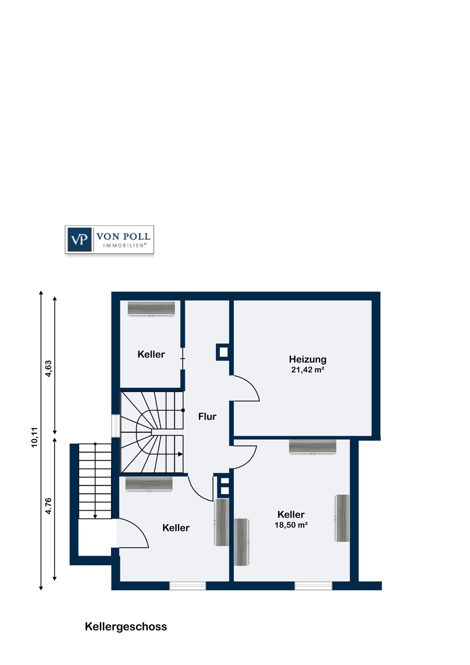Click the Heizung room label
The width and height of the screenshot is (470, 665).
coord(308,360)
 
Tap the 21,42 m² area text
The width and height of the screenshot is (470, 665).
coord(308,370)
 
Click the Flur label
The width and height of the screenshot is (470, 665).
coord(207,417)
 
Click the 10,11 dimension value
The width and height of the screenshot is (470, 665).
coord(35,437)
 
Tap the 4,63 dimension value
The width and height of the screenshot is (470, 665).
coord(48,368)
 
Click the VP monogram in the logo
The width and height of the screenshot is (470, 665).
coord(79,239)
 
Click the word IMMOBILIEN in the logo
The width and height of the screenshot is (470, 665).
coord(125,246)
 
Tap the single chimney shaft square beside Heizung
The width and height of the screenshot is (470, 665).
coord(223,352)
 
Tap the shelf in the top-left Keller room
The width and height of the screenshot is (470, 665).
coord(151,309)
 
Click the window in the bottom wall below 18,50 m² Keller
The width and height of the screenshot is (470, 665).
coord(313,586)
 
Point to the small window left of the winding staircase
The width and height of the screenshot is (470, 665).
coord(115,426)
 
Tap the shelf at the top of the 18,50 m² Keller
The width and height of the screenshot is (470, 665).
coord(313,447)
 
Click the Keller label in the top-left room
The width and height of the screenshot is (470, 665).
coord(151,354)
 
